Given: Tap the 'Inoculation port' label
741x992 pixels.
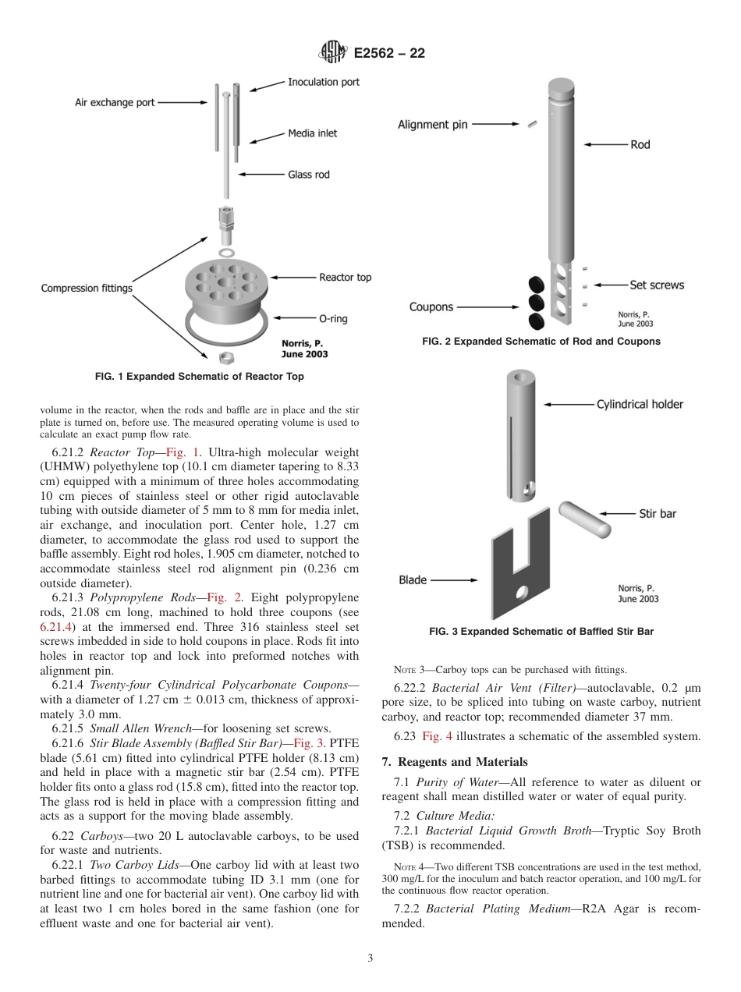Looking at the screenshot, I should (x=324, y=82).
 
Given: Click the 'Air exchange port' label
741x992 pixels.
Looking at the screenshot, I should (x=115, y=102).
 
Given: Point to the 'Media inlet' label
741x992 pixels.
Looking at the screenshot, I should (x=313, y=133).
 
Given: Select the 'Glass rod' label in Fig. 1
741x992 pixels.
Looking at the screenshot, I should (x=309, y=175).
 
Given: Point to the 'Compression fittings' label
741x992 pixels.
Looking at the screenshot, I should (x=87, y=289).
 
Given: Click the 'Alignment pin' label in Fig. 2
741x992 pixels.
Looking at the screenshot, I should (x=433, y=125).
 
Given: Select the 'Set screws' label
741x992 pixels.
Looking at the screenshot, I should (x=657, y=285).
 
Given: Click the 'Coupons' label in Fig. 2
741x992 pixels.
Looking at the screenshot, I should (x=431, y=307).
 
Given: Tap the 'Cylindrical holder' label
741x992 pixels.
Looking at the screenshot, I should (x=640, y=404).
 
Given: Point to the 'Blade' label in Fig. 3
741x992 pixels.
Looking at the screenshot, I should (x=413, y=580).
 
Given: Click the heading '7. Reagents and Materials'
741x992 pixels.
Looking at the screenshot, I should (x=455, y=762).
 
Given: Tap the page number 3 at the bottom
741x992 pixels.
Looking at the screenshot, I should (x=370, y=958).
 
